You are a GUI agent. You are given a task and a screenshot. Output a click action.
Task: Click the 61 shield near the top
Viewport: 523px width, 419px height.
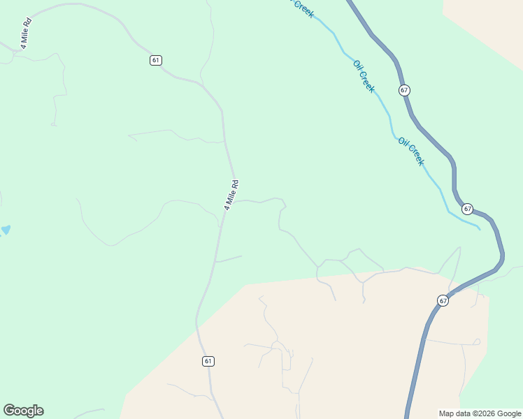point(155,60)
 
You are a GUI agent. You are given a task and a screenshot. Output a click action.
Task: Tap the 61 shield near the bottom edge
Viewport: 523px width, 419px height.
point(208,361)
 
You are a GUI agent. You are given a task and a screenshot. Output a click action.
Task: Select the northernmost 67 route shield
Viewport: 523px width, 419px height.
point(405,90)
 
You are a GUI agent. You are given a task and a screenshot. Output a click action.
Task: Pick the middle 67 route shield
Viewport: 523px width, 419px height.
point(467,209)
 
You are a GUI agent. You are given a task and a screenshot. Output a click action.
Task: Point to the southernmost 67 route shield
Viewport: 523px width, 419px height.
point(443,300)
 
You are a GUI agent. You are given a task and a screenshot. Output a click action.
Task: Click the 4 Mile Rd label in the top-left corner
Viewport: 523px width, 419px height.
point(26,33)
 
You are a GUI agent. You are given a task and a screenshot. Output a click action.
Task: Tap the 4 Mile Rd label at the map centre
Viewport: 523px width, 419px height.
point(231,195)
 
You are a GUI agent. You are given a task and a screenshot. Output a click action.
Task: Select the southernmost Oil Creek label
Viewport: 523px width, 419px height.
point(411,151)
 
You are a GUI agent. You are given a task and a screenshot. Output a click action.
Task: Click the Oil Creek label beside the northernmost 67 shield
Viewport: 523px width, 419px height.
point(364,76)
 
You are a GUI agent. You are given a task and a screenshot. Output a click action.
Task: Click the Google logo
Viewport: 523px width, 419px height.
point(23,411)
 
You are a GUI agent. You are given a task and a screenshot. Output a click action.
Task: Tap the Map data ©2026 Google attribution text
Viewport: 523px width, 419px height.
point(480,413)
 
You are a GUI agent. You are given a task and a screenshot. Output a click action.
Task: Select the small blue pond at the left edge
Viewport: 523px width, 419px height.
point(5,230)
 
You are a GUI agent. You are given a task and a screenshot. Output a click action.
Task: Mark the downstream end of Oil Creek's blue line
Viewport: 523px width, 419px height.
point(479,228)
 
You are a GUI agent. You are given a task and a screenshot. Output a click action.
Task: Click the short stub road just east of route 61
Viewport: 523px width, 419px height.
point(229,259)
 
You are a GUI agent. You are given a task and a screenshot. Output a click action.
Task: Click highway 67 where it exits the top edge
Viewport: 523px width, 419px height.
point(350,3)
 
